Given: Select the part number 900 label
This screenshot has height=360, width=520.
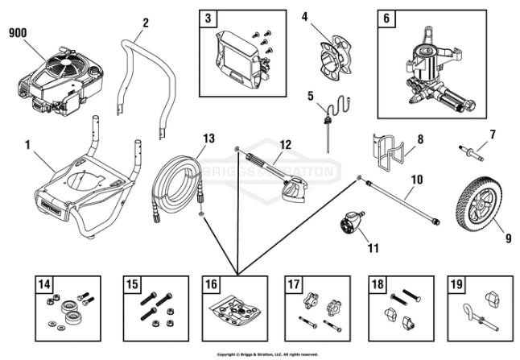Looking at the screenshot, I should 19,33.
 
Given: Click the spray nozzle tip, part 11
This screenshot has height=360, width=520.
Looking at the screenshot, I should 352,220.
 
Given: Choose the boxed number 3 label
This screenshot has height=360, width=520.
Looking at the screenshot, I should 208,18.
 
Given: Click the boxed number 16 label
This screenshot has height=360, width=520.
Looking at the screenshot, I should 210,284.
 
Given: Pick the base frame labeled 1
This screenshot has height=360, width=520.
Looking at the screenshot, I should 72,189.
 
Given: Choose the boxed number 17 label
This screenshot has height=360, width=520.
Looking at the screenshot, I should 294,284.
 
